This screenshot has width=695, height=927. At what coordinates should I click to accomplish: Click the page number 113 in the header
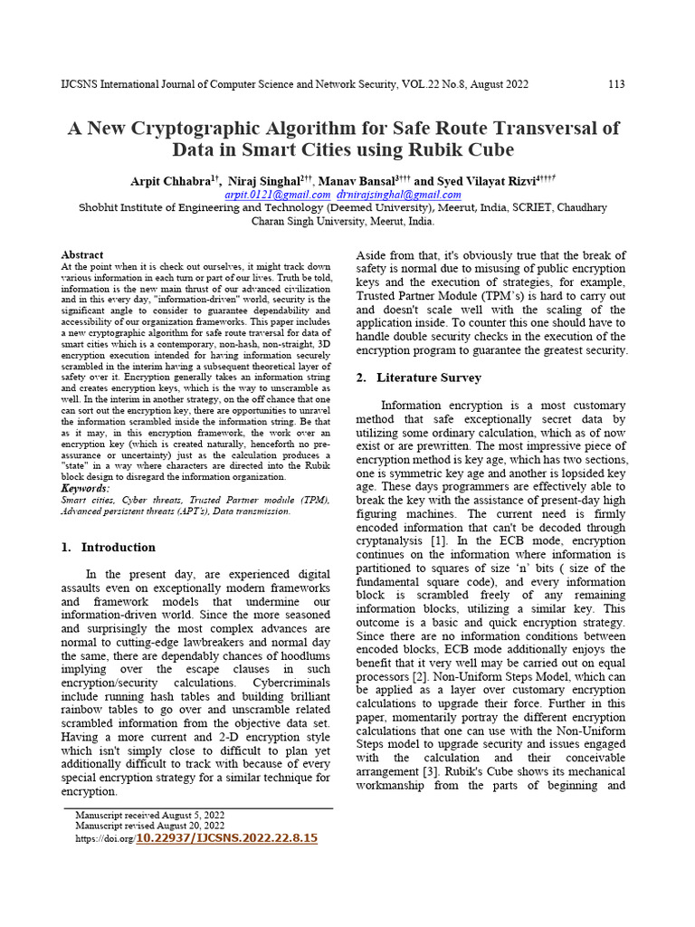615,84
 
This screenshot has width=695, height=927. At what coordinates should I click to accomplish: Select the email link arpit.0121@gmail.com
277,195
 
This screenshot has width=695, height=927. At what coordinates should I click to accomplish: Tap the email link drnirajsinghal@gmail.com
398,195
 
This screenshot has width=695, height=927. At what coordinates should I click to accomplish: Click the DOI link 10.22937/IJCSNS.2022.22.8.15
226,838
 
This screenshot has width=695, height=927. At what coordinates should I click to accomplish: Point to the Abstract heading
81,255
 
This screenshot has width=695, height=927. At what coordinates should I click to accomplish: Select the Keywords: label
85,488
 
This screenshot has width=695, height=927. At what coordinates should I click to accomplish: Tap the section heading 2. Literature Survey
419,377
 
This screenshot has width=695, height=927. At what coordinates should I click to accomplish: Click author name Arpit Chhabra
170,181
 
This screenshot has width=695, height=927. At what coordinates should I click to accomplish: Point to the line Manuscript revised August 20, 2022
150,827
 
